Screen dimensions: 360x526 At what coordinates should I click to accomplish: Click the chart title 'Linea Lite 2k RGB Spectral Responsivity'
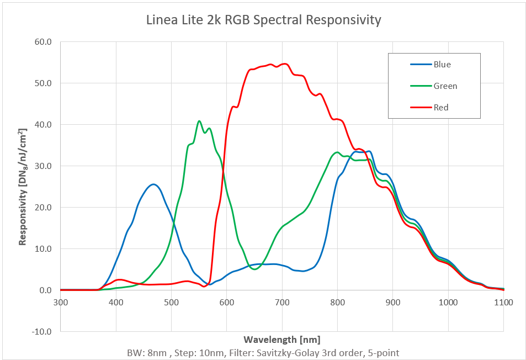[263, 20]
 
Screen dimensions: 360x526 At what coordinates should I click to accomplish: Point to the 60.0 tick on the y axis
[44, 42]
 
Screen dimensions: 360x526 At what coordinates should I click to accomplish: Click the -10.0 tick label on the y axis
[42, 332]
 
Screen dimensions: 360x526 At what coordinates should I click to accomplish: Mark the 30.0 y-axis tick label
[44, 166]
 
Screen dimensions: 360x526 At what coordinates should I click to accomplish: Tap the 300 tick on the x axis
[60, 303]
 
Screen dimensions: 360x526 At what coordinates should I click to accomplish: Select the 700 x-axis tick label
[282, 303]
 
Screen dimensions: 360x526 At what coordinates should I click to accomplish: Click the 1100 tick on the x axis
[503, 303]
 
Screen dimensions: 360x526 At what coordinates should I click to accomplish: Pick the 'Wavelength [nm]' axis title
[281, 339]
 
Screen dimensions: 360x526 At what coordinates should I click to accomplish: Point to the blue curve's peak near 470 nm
[153, 184]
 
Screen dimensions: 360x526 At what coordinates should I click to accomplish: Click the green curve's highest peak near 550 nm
[199, 121]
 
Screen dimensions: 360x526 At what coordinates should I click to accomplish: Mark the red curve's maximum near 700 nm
[284, 63]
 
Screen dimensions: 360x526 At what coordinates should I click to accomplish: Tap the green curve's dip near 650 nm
[254, 269]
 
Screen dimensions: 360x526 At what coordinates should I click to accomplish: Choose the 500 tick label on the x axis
[171, 303]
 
